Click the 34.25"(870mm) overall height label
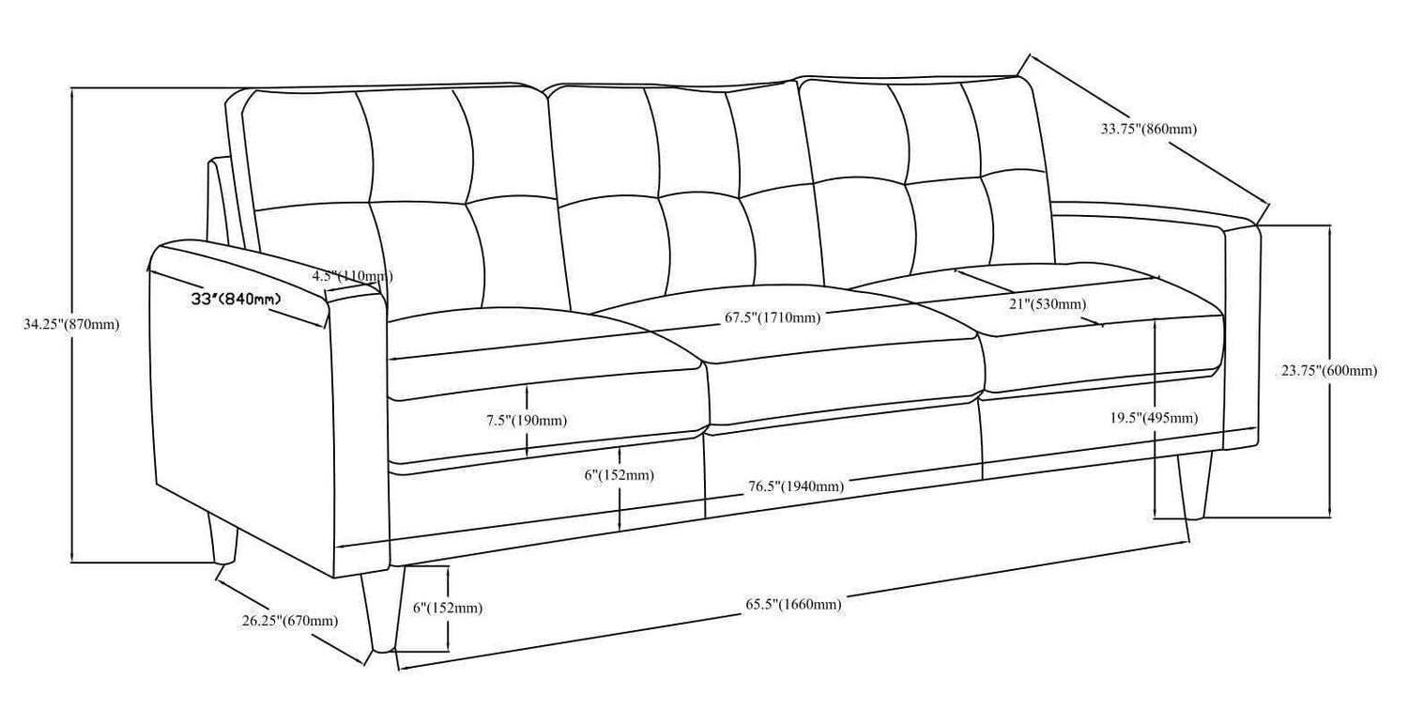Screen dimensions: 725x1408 click(71, 325)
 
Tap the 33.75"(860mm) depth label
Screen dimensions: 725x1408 click(1148, 130)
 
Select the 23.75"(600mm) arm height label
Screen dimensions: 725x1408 click(1329, 371)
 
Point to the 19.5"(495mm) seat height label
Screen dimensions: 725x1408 click(1154, 418)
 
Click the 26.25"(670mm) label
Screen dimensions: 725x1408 click(289, 621)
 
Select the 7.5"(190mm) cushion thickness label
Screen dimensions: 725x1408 click(526, 421)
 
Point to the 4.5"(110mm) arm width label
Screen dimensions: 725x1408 click(352, 276)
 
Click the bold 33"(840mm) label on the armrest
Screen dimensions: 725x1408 click(236, 300)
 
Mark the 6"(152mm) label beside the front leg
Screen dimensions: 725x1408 click(448, 609)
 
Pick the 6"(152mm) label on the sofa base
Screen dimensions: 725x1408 click(619, 476)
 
